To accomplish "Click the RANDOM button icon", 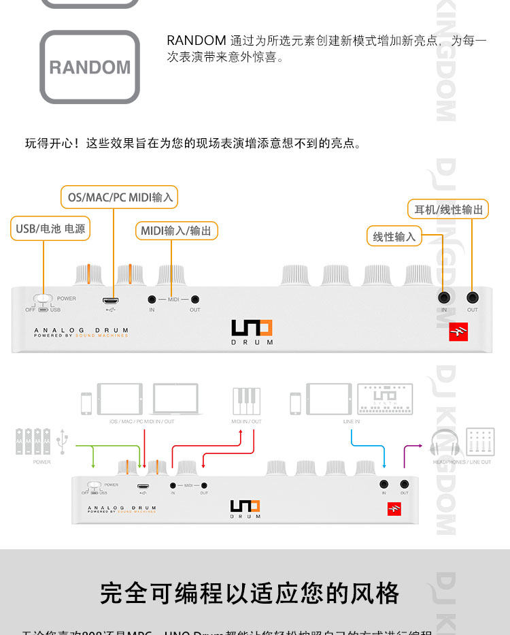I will (x=90, y=67).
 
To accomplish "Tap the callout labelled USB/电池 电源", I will (x=50, y=229).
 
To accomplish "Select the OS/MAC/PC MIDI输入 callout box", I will (x=120, y=197).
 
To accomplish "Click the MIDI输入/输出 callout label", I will (x=176, y=231).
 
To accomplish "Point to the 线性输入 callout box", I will (x=394, y=236).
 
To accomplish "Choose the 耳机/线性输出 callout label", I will (x=449, y=209).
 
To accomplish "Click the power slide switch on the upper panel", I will (x=44, y=298).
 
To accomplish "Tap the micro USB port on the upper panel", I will (x=111, y=299).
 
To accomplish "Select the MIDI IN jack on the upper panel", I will (x=152, y=299).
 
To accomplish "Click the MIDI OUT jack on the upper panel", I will (x=195, y=299).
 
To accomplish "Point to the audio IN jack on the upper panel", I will (x=444, y=297).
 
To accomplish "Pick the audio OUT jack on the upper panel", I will (x=472, y=297).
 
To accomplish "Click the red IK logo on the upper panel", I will (x=459, y=331).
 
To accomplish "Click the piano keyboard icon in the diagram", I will (x=245, y=401).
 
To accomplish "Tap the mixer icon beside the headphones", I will (x=480, y=442).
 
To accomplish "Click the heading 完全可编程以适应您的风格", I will (x=250, y=593).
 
